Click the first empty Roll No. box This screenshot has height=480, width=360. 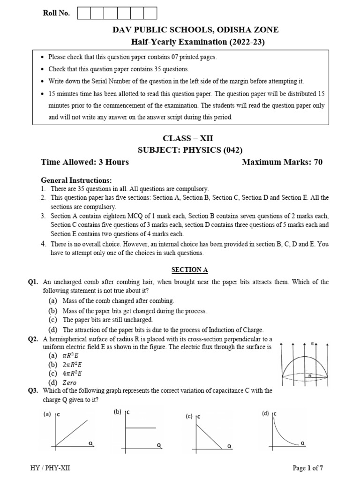pyautogui.click(x=84, y=13)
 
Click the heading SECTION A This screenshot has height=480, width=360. pyautogui.click(x=189, y=270)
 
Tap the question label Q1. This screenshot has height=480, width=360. pyautogui.click(x=33, y=282)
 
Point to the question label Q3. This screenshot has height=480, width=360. pyautogui.click(x=33, y=390)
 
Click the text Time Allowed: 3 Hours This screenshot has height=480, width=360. pyautogui.click(x=85, y=162)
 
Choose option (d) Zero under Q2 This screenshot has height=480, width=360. pyautogui.click(x=63, y=382)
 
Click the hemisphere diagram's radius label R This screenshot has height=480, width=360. pyautogui.click(x=310, y=375)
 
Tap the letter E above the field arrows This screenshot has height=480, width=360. pyautogui.click(x=312, y=344)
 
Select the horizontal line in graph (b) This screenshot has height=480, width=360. pyautogui.click(x=141, y=427)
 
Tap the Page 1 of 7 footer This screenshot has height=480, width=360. pyautogui.click(x=308, y=468)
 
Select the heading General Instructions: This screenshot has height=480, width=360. pyautogui.click(x=76, y=180)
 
